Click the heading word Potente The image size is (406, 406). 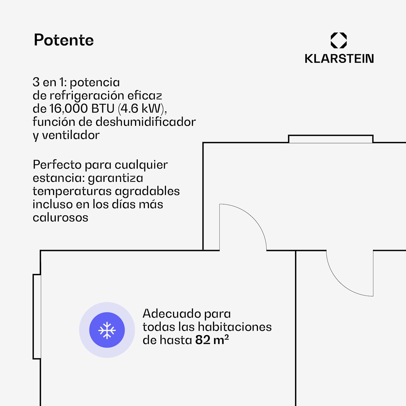[x=64, y=40]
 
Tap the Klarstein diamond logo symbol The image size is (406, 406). [x=339, y=40]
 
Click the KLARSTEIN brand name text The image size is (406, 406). [x=339, y=59]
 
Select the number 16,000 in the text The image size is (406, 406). [x=69, y=109]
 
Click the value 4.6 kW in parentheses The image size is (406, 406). [x=142, y=109]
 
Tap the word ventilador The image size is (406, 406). [x=71, y=135]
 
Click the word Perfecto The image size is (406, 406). [x=57, y=165]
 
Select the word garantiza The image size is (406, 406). [x=116, y=178]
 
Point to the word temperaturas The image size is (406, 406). [x=72, y=191]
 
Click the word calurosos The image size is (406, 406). [x=60, y=218]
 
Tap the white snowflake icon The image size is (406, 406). [x=107, y=330]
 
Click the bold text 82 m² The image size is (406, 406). [x=212, y=340]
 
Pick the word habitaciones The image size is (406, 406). [x=235, y=327]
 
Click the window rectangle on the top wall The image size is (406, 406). [x=330, y=139]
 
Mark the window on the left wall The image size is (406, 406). [x=37, y=317]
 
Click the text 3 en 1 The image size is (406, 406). [x=49, y=82]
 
